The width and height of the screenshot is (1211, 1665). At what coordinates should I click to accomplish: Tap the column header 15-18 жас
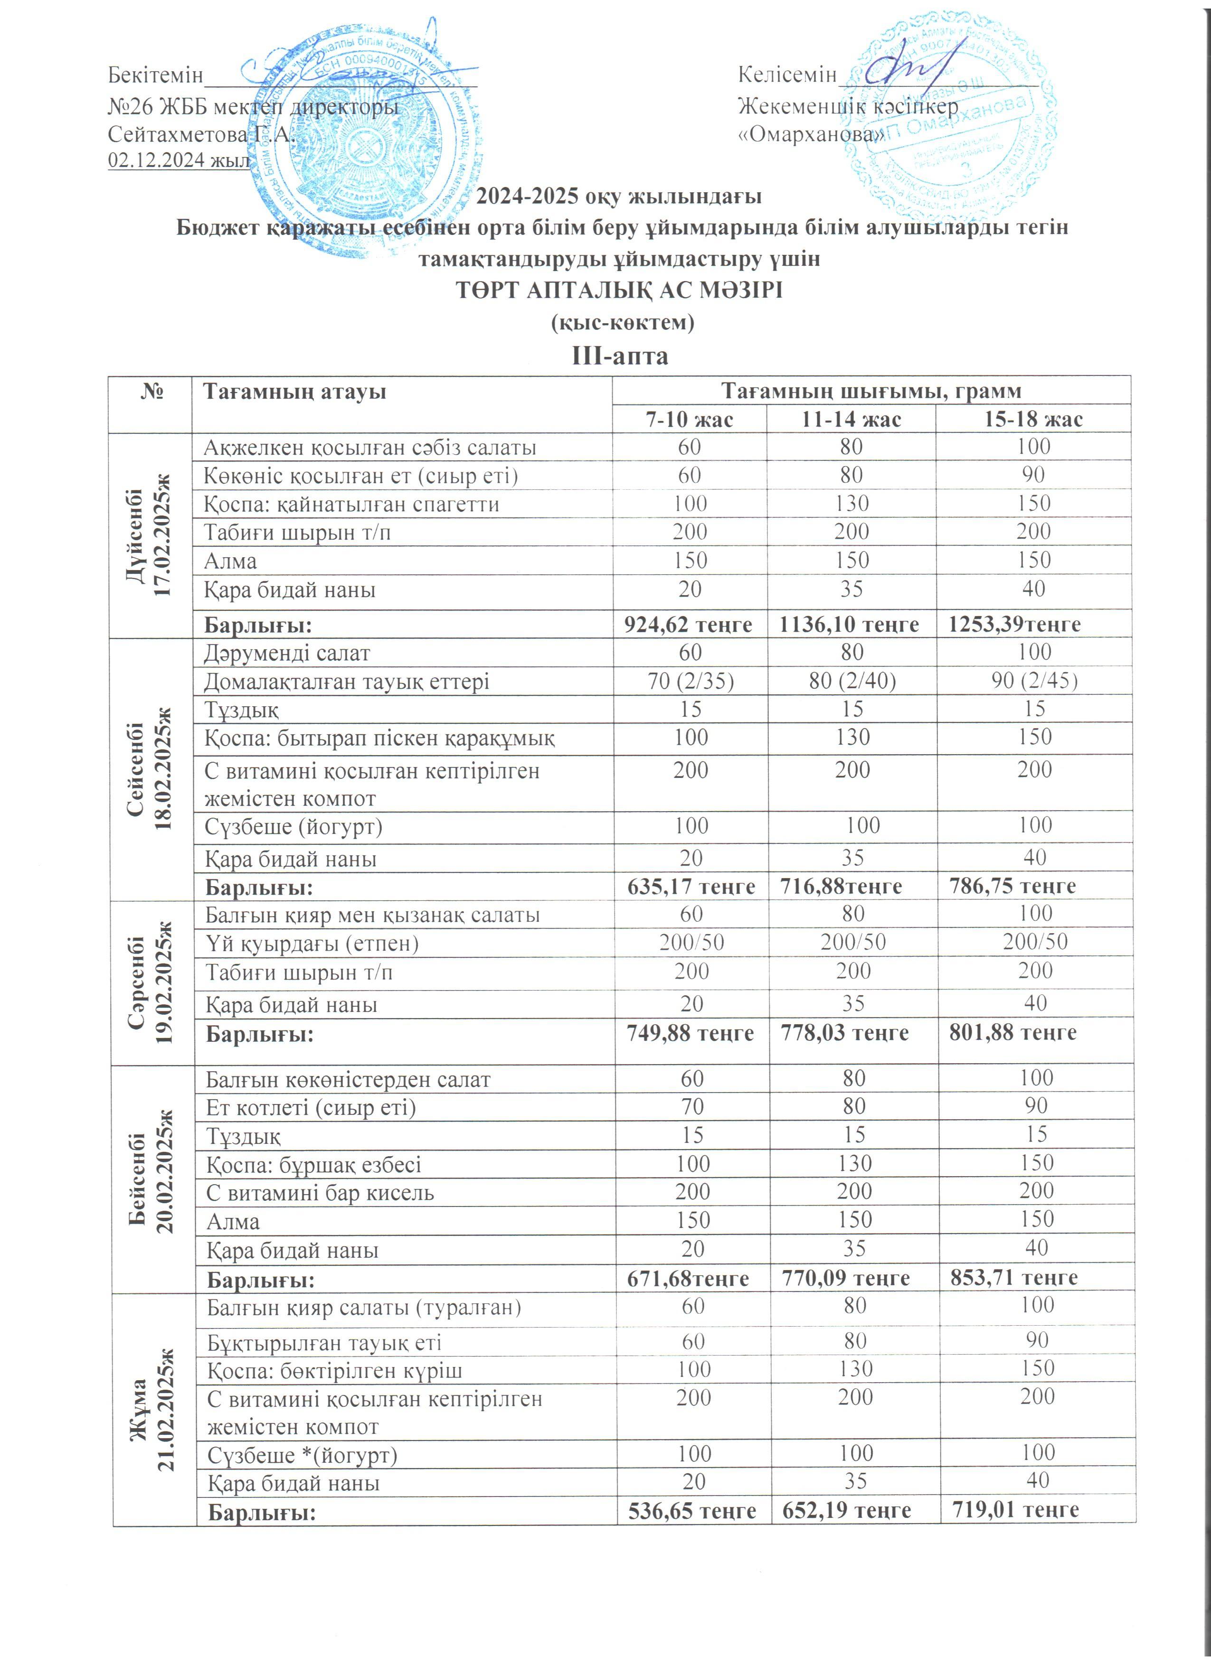click(x=1033, y=419)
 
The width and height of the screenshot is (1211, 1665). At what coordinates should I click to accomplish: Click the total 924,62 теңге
click(x=688, y=625)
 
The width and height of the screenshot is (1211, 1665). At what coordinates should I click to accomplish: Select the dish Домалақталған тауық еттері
click(x=347, y=681)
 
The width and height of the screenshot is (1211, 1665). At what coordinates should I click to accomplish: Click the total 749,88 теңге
click(x=690, y=1033)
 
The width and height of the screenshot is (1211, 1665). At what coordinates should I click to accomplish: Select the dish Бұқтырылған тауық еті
click(x=325, y=1343)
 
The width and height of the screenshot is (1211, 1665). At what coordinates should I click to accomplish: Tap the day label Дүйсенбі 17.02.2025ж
click(x=149, y=534)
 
